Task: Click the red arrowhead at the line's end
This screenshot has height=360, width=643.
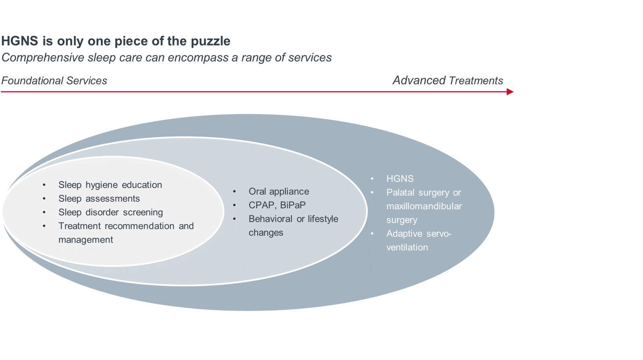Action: tap(510, 92)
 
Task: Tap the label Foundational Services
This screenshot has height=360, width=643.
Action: tap(54, 81)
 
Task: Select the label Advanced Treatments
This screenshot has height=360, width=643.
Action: tap(448, 80)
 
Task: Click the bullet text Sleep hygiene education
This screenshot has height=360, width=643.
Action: tap(110, 185)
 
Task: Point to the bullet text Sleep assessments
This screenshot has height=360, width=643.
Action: tap(99, 198)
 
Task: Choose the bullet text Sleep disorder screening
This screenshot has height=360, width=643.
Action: tap(111, 212)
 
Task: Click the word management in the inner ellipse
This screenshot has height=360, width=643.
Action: tap(86, 240)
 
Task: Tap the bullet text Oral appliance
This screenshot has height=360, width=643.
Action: tap(279, 192)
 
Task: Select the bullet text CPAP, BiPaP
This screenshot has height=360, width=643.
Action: tap(277, 205)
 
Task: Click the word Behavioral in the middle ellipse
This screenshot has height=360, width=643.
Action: tap(270, 219)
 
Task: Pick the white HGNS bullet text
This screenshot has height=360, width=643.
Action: tap(400, 179)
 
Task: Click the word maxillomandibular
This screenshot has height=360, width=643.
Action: tap(424, 207)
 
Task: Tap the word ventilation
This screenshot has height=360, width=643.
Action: tap(407, 247)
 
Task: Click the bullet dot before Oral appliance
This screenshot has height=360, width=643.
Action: tap(234, 192)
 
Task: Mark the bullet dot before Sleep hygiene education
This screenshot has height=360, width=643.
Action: tap(44, 185)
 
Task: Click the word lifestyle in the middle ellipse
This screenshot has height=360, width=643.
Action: tap(323, 219)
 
